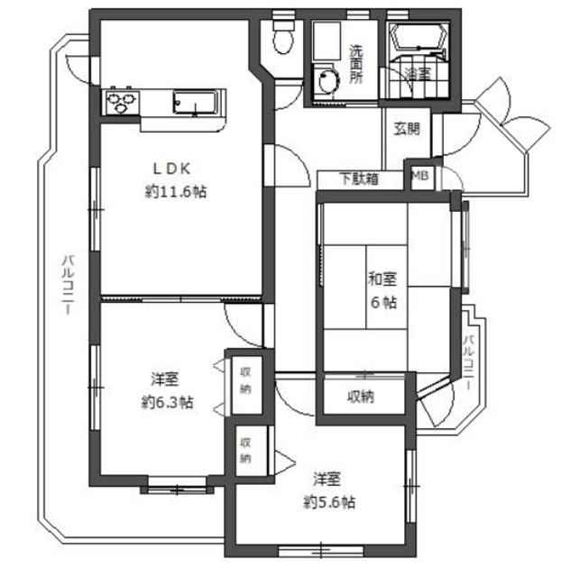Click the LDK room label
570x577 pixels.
tap(172, 169)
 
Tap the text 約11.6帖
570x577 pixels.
tap(175, 192)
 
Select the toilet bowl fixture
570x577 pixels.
tap(283, 36)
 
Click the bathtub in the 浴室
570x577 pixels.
tap(419, 37)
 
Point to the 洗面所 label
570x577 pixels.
tap(356, 64)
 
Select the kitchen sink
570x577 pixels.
tap(195, 102)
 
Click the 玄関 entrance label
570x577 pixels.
tap(407, 128)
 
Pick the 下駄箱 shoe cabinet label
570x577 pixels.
tap(359, 179)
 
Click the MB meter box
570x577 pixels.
tap(419, 176)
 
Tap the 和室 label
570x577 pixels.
tap(383, 279)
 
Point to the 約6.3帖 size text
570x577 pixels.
tap(167, 402)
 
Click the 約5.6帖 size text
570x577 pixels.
tap(329, 502)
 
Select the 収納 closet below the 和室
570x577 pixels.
tap(361, 397)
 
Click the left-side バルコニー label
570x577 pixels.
tap(69, 284)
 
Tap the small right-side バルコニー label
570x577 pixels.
tap(469, 362)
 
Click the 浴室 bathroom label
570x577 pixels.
tap(417, 74)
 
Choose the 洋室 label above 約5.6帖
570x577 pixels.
tap(327, 479)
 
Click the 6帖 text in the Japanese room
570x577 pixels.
tap(383, 303)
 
